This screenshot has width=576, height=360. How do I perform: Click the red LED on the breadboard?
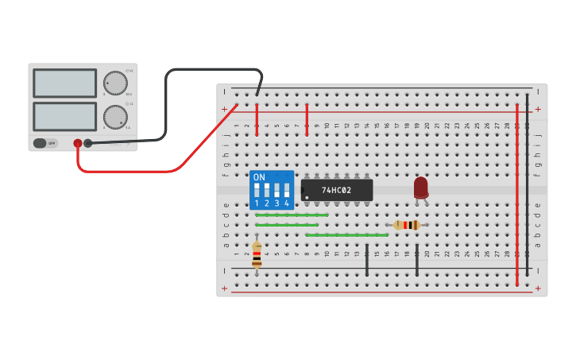pos(420,188)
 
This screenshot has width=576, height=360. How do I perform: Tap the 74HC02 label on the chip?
pos(337,191)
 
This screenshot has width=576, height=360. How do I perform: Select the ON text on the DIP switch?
pos(259,177)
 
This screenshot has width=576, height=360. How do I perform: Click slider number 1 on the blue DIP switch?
pos(257,191)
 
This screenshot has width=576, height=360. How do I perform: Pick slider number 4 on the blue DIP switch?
pos(286,191)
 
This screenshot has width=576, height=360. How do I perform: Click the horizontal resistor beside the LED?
pos(407,225)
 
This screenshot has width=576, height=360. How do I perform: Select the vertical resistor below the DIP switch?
pos(257,256)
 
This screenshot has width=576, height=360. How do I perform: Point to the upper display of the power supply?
pos(64,83)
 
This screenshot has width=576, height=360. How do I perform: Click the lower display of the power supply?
pos(64,116)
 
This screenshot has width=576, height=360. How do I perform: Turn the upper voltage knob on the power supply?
pos(115,83)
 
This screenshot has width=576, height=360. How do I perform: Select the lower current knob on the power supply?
pos(115,118)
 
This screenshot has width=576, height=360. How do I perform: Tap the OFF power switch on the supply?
pos(45,143)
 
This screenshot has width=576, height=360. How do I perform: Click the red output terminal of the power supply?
pos(78,143)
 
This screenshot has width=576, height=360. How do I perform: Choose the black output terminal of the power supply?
pos(88,143)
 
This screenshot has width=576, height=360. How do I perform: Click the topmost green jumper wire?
pos(292,215)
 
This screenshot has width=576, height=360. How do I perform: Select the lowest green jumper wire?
pos(346,235)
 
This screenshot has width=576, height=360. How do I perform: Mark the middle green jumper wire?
pos(286,225)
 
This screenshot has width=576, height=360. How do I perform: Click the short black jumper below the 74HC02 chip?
pos(367,261)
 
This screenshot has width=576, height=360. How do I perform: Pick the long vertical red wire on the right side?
pos(517,191)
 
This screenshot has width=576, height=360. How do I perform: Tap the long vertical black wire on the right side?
pos(527,183)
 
